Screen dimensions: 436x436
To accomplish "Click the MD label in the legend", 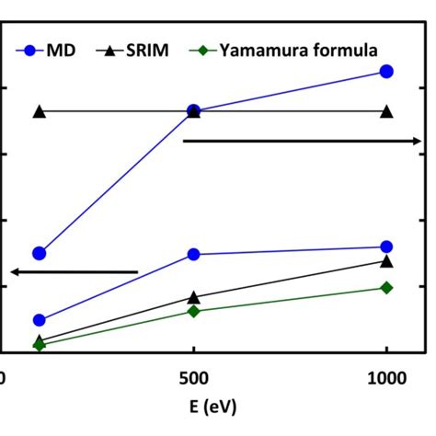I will [62, 50].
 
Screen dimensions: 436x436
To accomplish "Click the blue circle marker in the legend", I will [29, 50].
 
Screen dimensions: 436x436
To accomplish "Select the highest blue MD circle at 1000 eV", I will [386, 71].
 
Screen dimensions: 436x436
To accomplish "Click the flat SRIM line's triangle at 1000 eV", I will [386, 111].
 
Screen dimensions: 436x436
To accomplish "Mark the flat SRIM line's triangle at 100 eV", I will [39, 111].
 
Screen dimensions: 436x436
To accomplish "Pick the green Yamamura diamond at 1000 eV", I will [386, 288].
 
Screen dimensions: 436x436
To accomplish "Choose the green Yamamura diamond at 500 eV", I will [193, 311].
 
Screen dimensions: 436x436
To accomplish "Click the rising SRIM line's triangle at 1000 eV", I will [386, 261].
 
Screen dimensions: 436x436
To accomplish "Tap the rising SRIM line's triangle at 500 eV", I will [193, 297].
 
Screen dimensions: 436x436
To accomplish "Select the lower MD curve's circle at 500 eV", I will [193, 254].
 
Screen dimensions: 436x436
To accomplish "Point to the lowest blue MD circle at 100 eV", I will [39, 320].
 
